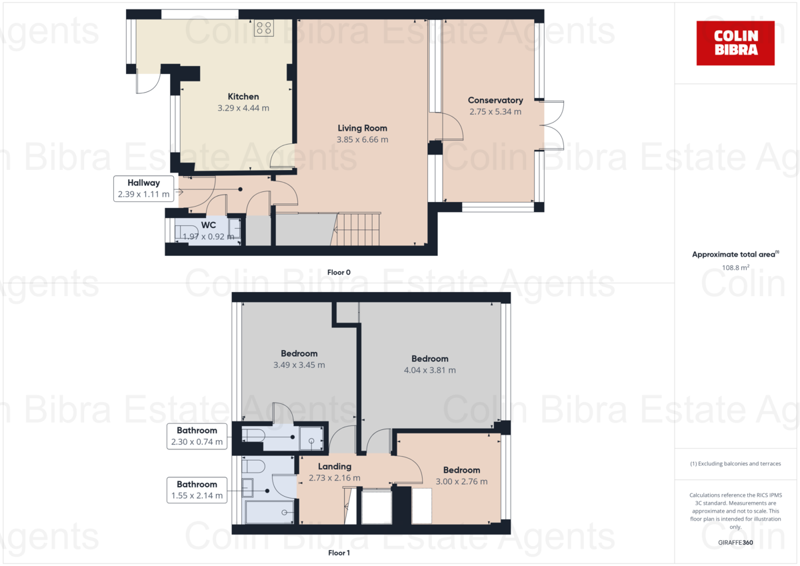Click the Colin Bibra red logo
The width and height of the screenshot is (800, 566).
coord(735,43)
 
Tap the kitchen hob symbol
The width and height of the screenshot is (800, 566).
coord(263,28)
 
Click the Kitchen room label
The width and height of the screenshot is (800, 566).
coord(243,97)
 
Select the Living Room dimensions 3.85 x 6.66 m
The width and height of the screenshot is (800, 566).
coord(363,140)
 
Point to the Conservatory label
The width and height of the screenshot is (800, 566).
coord(495,100)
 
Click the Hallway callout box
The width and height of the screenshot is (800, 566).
coord(144,189)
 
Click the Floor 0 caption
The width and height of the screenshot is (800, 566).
coord(339,272)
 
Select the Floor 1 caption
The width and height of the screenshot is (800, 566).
coord(339,553)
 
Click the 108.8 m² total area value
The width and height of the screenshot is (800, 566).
coord(735,267)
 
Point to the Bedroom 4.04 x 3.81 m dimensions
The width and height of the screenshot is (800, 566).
coord(429,371)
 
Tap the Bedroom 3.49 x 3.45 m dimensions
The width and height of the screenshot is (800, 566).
coord(299,365)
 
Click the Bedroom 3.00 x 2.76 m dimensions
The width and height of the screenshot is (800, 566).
coord(461,482)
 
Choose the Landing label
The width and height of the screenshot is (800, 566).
coord(334,467)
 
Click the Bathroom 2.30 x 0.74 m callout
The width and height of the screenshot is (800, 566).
coord(197,436)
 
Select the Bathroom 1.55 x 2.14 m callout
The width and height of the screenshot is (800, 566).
coord(197,490)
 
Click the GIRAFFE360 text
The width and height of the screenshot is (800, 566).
coord(735,543)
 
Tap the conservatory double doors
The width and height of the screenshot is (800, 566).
coord(553,125)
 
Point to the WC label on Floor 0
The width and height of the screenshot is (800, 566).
coord(209,225)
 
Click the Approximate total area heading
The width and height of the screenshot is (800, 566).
coord(735,255)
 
